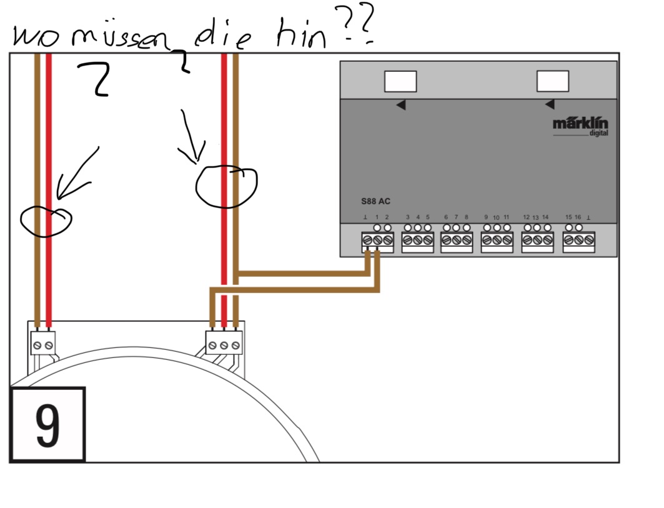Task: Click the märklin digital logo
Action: tap(580, 126)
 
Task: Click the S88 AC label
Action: tap(375, 202)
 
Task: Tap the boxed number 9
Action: tap(47, 425)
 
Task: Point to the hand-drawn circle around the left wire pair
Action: tap(46, 219)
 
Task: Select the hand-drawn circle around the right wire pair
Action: tap(225, 186)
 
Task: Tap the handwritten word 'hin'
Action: tap(303, 36)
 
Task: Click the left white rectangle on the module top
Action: tap(400, 81)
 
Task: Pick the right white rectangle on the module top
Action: tap(553, 81)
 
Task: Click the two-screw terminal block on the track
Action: tap(42, 344)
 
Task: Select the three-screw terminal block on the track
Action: tap(224, 344)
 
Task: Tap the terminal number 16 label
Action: tap(578, 217)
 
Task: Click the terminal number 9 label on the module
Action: tap(486, 217)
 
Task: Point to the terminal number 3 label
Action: tap(407, 217)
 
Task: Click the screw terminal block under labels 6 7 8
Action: tap(457, 241)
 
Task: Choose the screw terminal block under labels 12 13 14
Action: tap(537, 241)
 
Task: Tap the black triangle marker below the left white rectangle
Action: tap(400, 105)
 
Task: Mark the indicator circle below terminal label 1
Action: tap(378, 227)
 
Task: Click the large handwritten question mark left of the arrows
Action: tap(96, 79)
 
